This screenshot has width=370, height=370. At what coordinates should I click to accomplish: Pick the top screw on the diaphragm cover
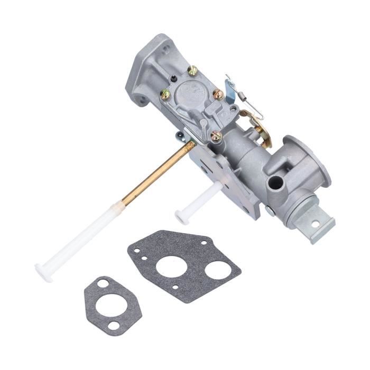pyautogui.click(x=193, y=70)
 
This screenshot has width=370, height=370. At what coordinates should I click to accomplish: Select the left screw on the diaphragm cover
pyautogui.click(x=165, y=95)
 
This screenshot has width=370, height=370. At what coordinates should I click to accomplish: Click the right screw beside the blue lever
pyautogui.click(x=218, y=95)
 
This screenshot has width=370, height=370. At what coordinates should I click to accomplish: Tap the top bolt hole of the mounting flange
pyautogui.click(x=166, y=49)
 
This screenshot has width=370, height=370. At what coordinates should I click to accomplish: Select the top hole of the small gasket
pyautogui.click(x=103, y=284)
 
